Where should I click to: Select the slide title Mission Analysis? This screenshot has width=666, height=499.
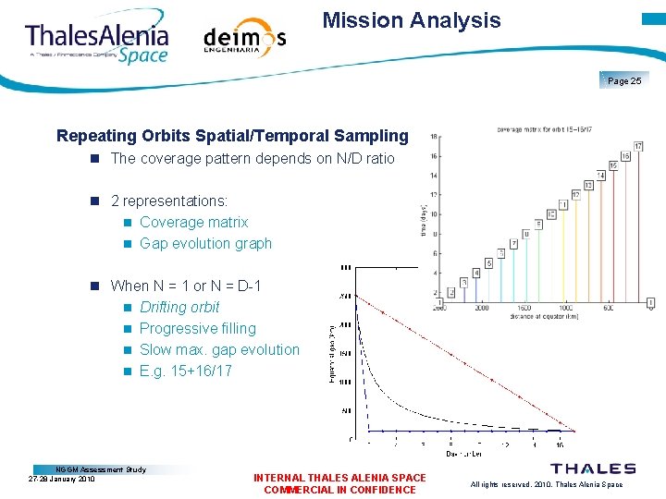click(412, 20)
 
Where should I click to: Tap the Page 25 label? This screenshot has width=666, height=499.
click(624, 81)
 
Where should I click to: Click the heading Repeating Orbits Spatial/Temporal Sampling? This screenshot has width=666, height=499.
click(232, 136)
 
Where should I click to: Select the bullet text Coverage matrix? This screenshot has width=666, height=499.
click(193, 222)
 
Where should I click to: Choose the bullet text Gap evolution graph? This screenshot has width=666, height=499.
click(205, 243)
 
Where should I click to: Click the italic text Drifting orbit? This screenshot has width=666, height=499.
click(179, 307)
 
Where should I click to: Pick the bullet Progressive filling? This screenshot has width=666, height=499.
click(197, 328)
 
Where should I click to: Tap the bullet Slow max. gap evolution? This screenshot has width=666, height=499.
click(219, 349)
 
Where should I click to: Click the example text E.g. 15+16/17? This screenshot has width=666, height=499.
click(186, 371)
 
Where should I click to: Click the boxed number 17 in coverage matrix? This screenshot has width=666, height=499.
click(638, 146)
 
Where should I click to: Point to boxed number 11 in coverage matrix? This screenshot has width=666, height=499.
click(562, 203)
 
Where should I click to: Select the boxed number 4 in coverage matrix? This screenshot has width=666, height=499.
click(476, 273)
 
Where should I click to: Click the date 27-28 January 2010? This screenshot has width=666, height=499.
click(62, 479)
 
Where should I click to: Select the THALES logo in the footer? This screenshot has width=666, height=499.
click(593, 469)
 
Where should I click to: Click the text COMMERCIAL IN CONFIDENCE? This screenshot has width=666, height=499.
click(339, 490)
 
